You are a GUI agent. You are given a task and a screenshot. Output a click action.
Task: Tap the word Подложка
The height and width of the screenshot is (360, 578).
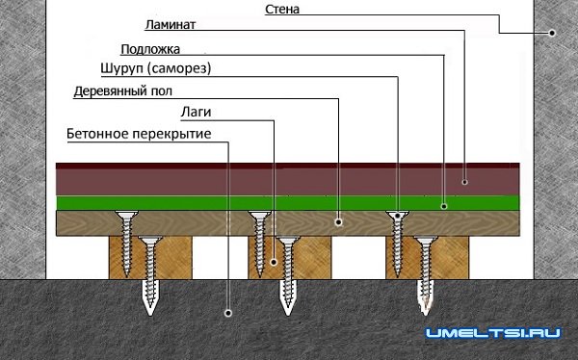point(151,49)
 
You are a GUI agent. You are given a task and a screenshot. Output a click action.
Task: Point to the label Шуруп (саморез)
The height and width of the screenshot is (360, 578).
point(155,69)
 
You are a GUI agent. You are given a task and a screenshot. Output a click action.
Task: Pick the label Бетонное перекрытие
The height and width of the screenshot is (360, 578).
point(139,134)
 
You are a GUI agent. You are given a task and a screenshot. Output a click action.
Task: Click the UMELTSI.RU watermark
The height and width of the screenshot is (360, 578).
point(493,333)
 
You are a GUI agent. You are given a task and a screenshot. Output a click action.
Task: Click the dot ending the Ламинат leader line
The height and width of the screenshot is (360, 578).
point(464,180)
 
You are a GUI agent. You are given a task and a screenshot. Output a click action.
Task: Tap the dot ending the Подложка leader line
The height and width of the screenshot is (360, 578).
point(443,203)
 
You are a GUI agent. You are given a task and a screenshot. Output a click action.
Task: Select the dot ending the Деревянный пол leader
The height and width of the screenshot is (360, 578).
point(339,221)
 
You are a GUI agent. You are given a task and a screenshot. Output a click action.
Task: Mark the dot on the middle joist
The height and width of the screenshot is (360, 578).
point(273,261)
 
